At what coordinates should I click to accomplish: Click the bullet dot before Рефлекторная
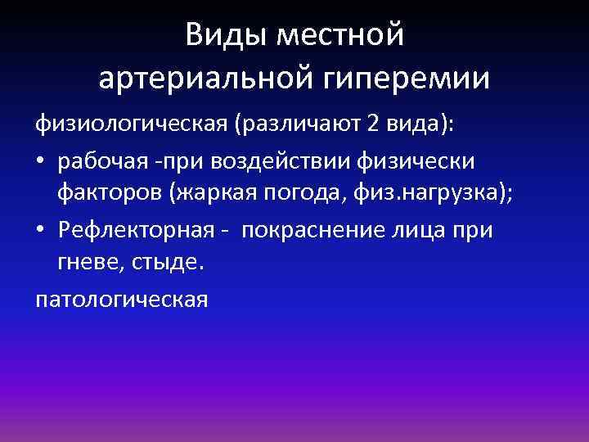[41, 230]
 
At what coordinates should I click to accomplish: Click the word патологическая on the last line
[121, 300]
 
